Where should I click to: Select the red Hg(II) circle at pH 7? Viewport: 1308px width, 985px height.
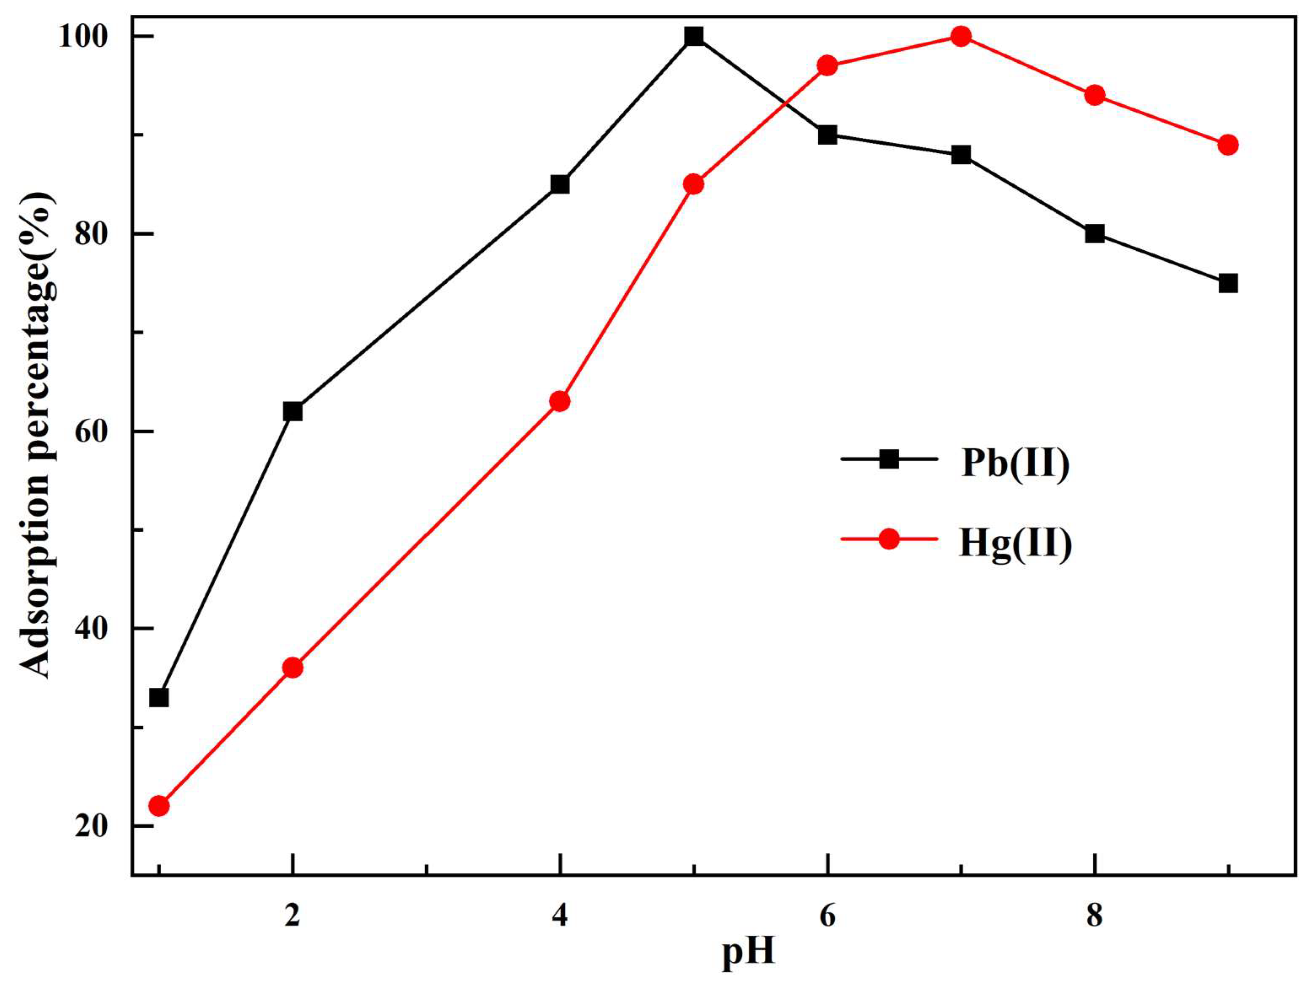[961, 37]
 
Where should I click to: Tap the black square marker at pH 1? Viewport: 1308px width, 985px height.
[159, 698]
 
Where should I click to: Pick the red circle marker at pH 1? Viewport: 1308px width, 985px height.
[159, 806]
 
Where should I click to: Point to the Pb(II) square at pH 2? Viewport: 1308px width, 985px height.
[293, 412]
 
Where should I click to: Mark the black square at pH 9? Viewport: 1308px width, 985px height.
[1228, 283]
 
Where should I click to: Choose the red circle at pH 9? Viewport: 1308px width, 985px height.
[1228, 145]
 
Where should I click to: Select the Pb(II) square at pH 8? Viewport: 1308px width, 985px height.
[1095, 234]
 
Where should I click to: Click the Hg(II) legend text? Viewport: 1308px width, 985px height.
[1015, 544]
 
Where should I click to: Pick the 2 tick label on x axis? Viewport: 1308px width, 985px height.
[293, 916]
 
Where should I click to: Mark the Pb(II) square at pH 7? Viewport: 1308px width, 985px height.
[961, 155]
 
